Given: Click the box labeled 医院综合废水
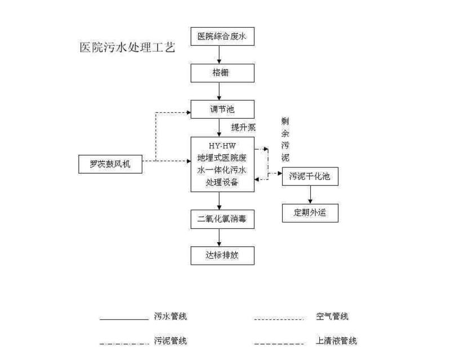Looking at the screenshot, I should (222, 38).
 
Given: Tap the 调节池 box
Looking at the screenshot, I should (222, 109).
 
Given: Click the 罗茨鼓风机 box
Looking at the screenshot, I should (110, 165).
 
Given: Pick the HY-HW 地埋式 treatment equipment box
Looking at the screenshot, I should (222, 164).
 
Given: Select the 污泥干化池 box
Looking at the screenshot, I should (310, 177).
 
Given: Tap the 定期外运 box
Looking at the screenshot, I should (310, 212).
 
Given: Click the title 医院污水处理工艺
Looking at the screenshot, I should (127, 47).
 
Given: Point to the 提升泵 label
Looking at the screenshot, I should (243, 127).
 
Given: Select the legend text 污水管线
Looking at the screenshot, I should (170, 316).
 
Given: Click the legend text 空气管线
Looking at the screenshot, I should (332, 316).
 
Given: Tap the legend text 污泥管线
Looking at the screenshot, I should (170, 340).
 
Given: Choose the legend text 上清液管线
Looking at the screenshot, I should (336, 340).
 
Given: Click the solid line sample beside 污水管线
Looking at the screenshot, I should (123, 319).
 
